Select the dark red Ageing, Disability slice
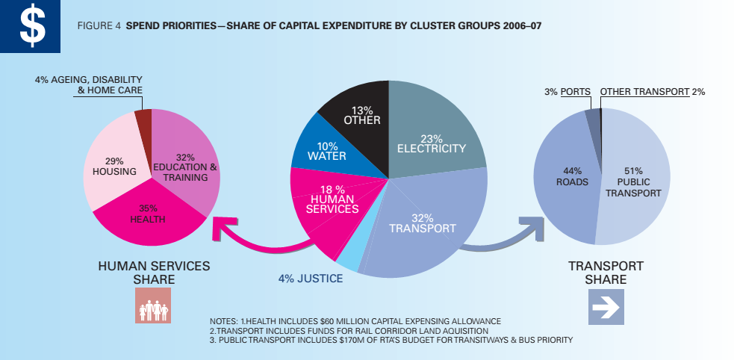tap(143, 120)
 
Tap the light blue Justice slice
tap(348, 258)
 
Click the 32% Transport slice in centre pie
tap(426, 224)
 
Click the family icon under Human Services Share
tap(152, 305)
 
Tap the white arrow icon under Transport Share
tap(606, 306)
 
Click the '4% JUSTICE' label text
tap(311, 279)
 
